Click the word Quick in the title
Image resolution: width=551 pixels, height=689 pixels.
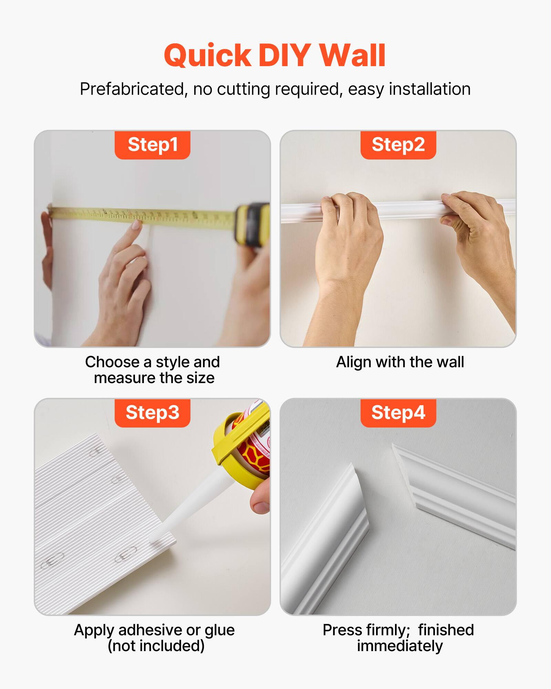208,56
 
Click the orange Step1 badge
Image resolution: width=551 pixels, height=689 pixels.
153,145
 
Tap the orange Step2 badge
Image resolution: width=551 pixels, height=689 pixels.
398,145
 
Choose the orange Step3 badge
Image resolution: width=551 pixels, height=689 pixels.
153,413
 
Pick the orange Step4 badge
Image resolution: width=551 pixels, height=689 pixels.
398,413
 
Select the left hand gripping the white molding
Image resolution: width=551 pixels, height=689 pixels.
348,234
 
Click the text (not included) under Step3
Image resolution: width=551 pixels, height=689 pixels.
156,646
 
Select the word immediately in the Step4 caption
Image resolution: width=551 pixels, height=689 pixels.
399,646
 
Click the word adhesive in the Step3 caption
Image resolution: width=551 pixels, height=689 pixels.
150,630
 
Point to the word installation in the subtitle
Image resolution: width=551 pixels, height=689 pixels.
429,89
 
